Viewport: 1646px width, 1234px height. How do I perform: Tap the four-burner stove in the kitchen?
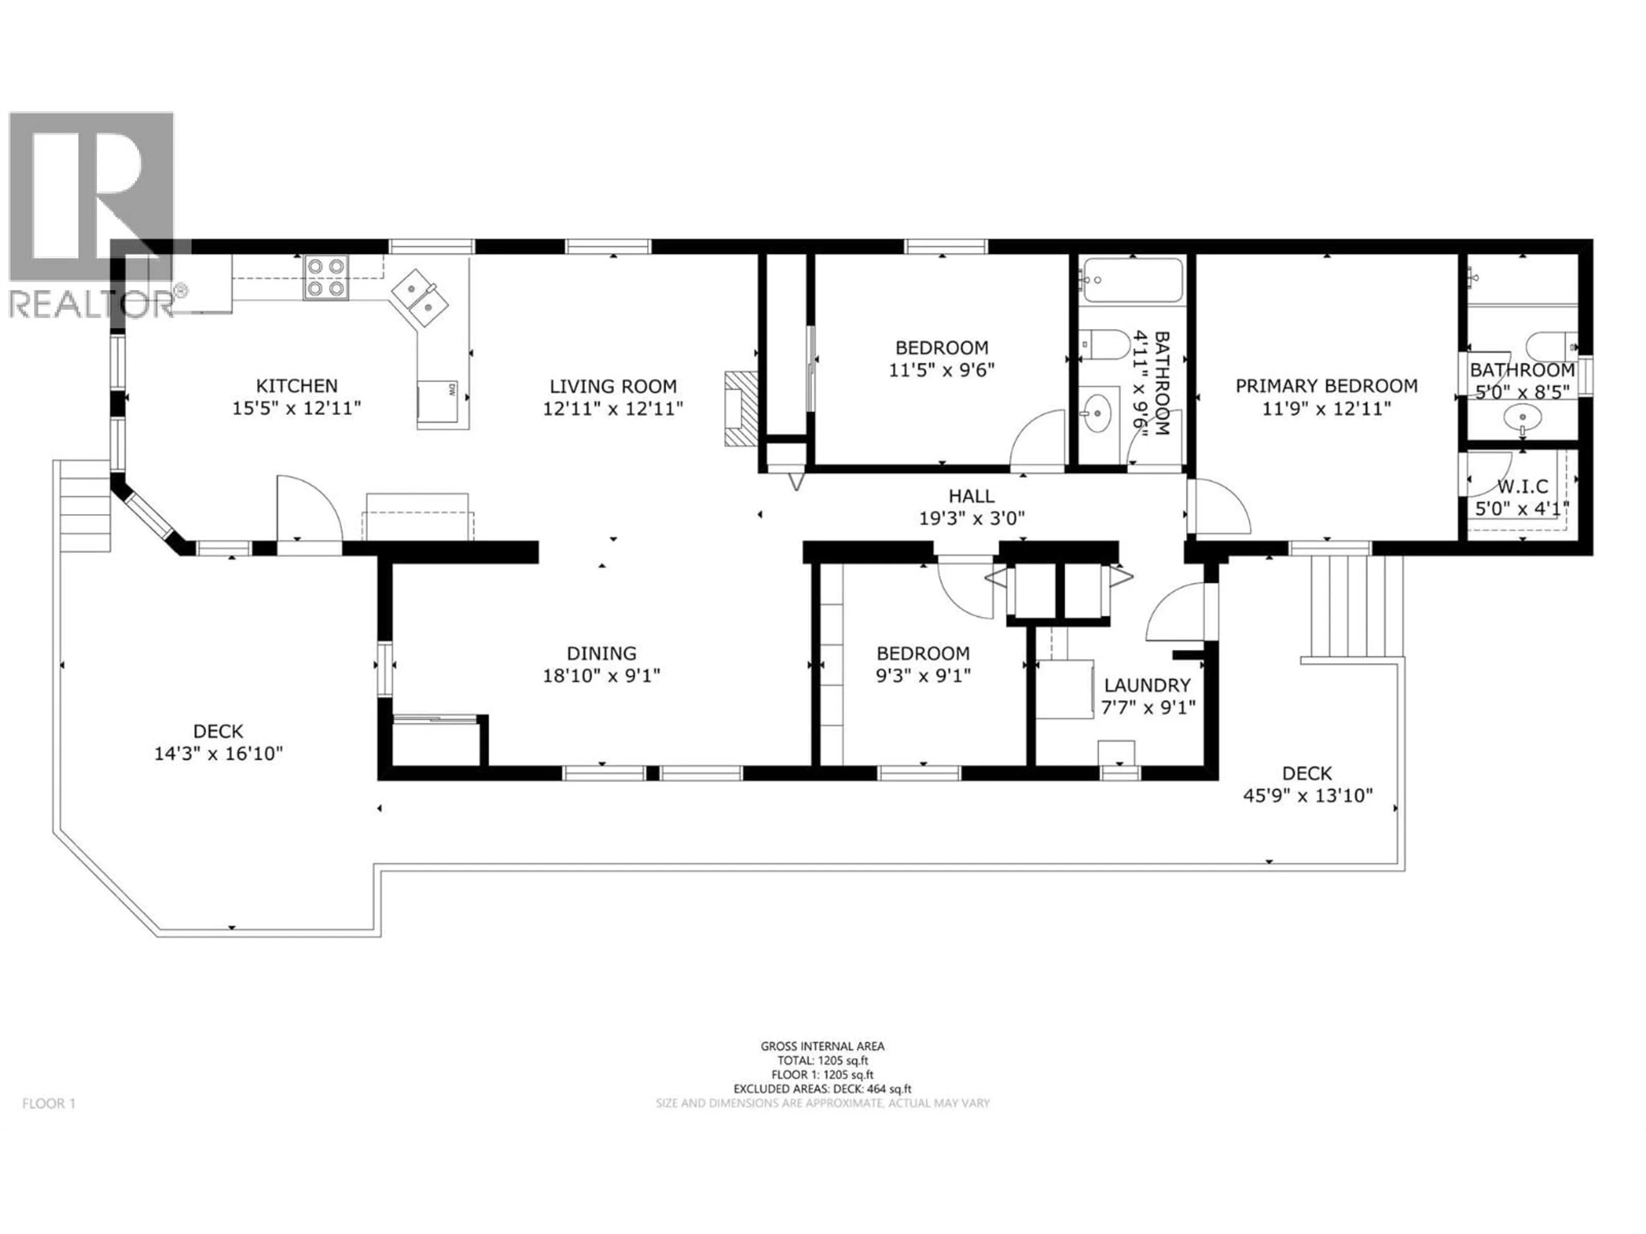coord(326,278)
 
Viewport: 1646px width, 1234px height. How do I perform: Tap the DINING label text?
coord(601,653)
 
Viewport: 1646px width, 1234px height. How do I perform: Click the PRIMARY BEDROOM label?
coord(1326,386)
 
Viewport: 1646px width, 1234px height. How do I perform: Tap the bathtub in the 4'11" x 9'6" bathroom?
coord(1132,280)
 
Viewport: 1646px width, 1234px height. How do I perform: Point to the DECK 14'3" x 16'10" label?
coord(218,732)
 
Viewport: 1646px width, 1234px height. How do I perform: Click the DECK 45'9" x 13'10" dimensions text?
coord(1307,796)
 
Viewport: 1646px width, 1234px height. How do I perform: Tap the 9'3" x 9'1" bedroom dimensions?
coord(923,676)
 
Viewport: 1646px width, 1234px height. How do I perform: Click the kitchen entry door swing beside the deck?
coord(307,509)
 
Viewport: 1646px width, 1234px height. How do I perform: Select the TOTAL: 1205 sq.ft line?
coord(822,1061)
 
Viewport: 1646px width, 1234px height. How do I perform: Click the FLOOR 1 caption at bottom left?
coord(49,1104)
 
